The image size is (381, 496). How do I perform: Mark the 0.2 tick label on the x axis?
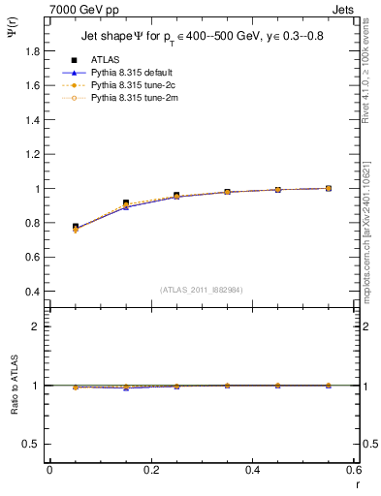150,470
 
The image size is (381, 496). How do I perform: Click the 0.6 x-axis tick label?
353,470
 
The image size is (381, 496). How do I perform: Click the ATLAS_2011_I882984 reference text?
202,290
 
